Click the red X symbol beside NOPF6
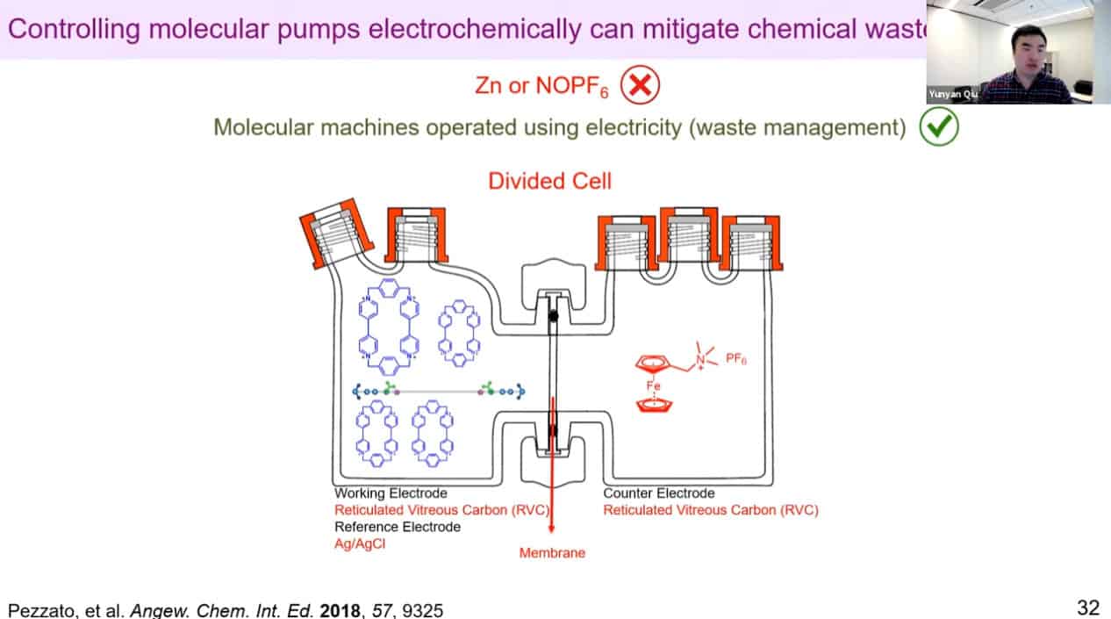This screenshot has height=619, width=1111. tap(640, 85)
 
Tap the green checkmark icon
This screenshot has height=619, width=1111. tap(938, 128)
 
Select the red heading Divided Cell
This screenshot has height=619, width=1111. tap(549, 182)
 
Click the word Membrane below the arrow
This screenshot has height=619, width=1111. tap(552, 553)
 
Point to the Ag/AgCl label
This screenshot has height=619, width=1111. tap(359, 543)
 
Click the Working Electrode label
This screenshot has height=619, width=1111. tap(390, 493)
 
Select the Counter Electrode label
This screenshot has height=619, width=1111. tap(658, 493)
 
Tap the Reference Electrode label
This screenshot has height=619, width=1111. tap(397, 527)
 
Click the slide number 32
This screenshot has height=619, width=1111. tap(1088, 607)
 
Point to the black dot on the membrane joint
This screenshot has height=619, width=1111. tap(553, 317)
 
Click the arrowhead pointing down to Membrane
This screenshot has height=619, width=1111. tap(552, 529)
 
